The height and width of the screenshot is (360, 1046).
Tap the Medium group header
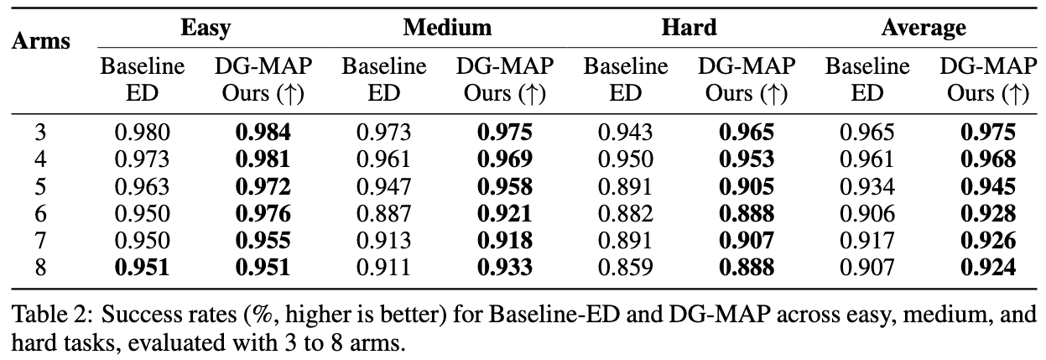click(x=446, y=28)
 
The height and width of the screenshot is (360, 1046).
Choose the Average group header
click(x=923, y=28)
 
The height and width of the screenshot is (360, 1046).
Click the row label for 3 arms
click(x=39, y=132)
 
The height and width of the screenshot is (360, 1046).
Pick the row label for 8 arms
click(x=39, y=269)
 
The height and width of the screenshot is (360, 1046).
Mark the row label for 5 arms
click(x=39, y=186)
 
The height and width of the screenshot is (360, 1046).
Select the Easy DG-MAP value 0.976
click(x=263, y=214)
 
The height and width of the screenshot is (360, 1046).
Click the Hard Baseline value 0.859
click(x=625, y=269)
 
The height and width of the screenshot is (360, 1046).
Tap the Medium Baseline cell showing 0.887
click(x=384, y=214)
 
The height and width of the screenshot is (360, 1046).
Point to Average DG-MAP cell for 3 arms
click(x=988, y=132)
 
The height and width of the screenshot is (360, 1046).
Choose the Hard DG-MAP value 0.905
click(x=747, y=186)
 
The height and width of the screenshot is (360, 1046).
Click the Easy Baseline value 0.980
click(x=143, y=132)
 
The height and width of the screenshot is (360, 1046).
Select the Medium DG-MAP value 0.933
click(x=505, y=269)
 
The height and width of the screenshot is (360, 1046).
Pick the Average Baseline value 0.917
click(x=866, y=242)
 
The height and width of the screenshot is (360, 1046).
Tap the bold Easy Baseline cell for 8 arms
click(x=143, y=269)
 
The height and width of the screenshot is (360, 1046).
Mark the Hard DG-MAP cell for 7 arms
click(x=747, y=242)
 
